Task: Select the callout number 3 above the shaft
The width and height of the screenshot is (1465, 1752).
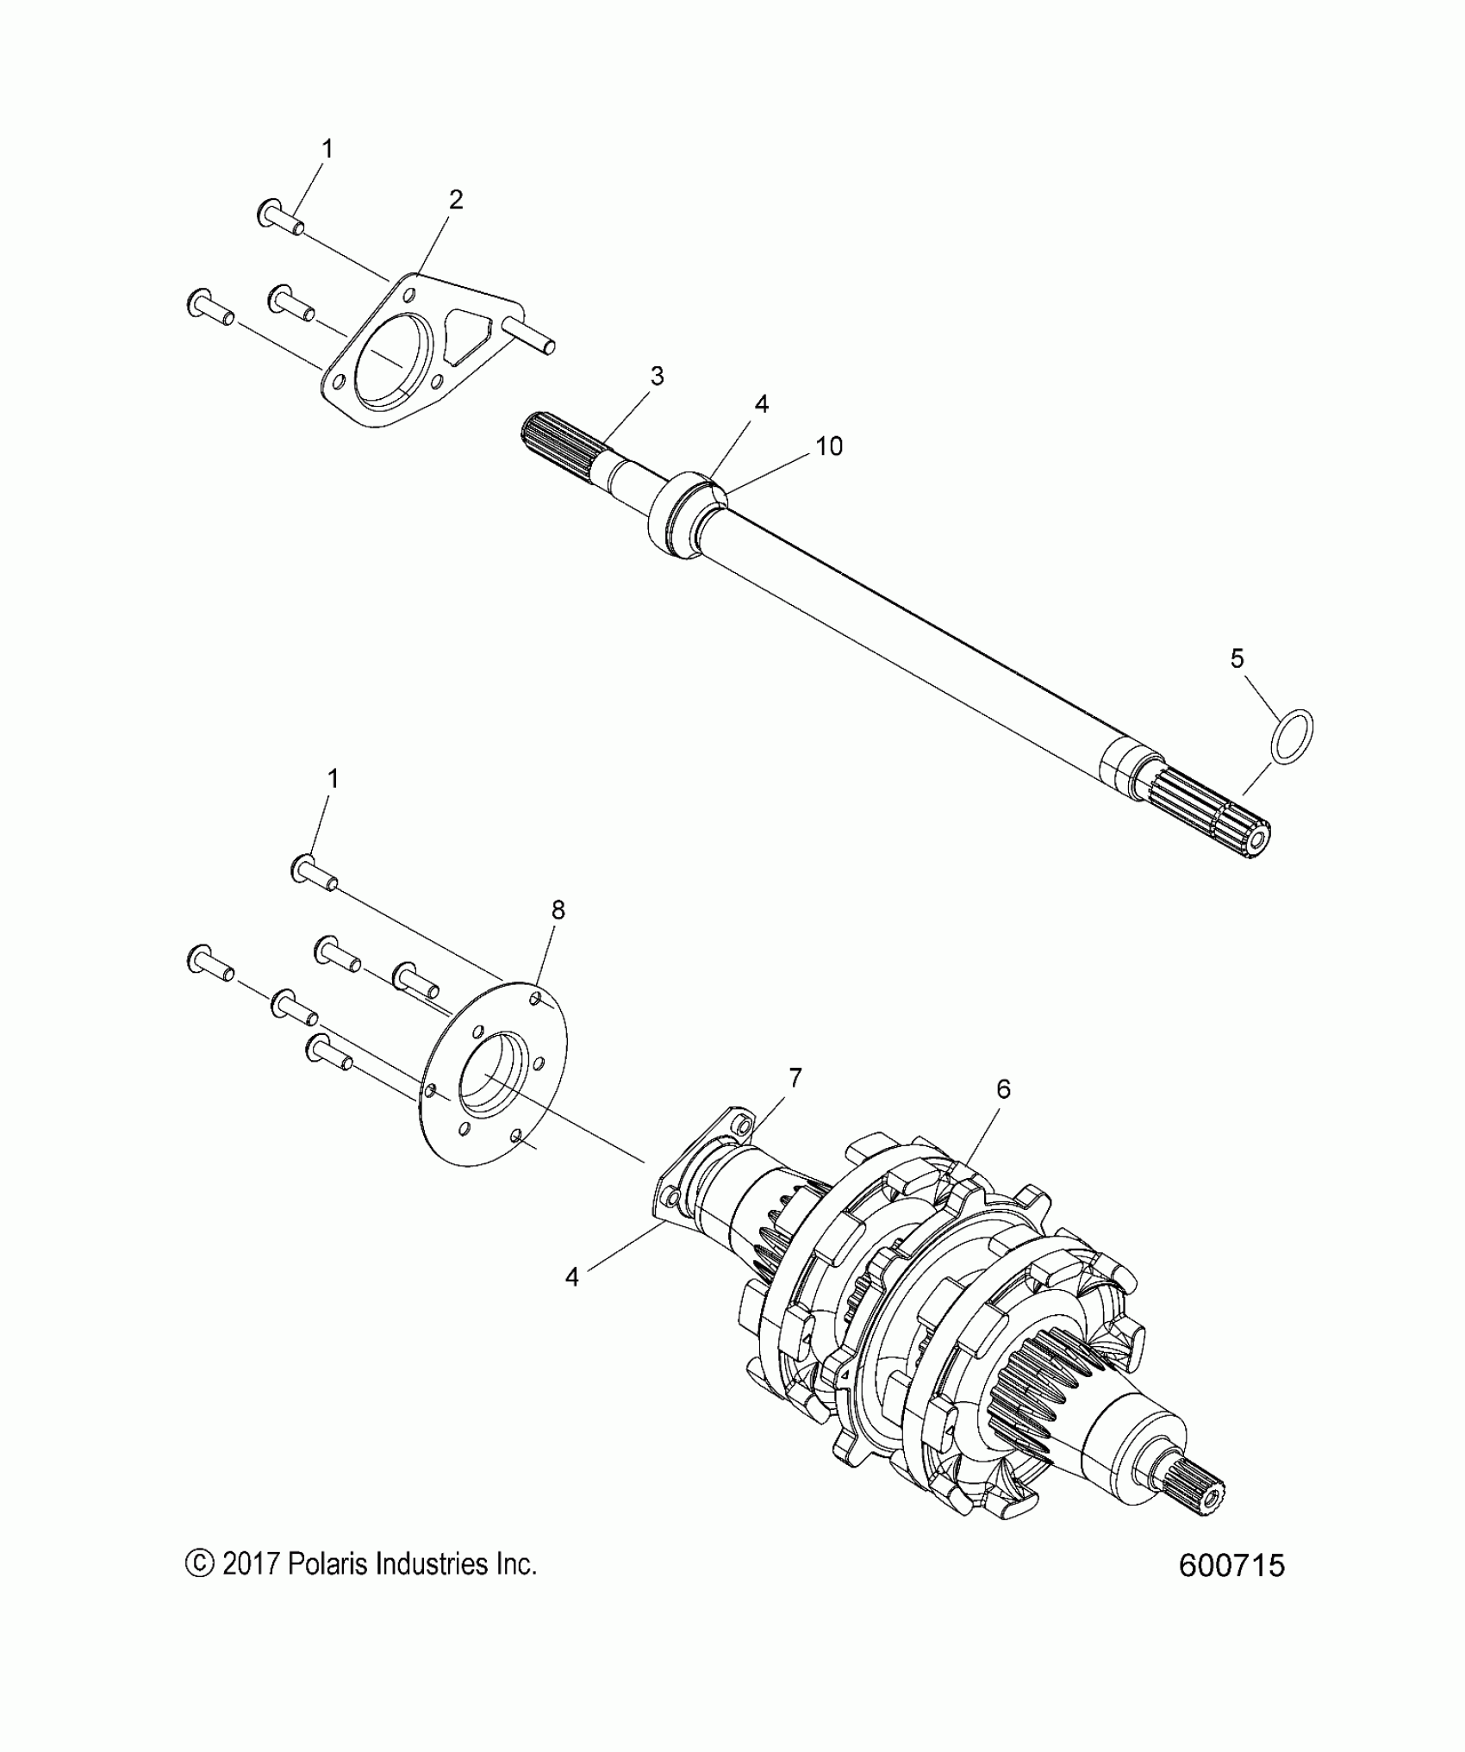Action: pyautogui.click(x=657, y=376)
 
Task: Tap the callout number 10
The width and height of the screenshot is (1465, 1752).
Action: pyautogui.click(x=829, y=446)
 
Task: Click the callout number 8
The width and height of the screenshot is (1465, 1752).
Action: pyautogui.click(x=558, y=910)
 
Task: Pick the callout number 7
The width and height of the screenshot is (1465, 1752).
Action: pyautogui.click(x=795, y=1077)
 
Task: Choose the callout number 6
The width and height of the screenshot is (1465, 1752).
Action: pyautogui.click(x=1003, y=1089)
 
